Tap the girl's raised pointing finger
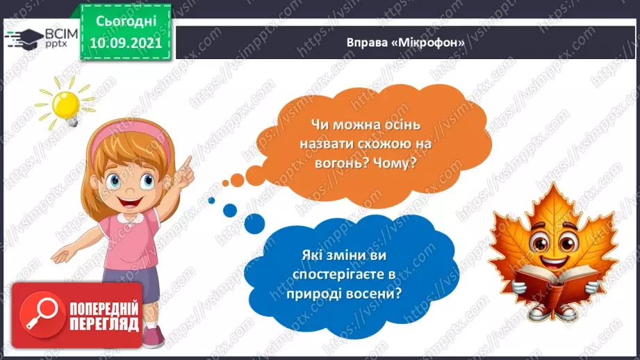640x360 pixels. (188, 161)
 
